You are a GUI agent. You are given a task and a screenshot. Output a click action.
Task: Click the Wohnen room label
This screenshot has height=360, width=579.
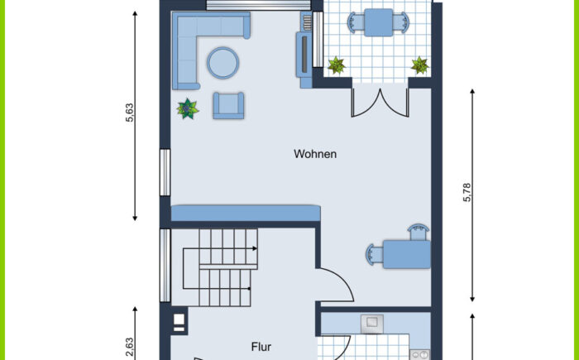click(x=315, y=154)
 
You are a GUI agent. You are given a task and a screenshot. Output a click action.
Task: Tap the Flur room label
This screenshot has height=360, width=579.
click(x=261, y=347)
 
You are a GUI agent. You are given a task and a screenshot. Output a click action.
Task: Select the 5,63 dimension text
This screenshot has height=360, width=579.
click(x=130, y=113)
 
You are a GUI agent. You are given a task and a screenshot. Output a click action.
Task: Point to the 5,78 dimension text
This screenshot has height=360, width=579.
click(x=467, y=192)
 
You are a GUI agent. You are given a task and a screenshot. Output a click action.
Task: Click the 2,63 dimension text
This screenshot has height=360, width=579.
click(x=130, y=347)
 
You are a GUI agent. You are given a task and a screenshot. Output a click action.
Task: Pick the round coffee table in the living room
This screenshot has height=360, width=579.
click(x=223, y=63)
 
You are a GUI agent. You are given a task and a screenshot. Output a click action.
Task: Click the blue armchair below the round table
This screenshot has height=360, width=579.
click(x=228, y=106)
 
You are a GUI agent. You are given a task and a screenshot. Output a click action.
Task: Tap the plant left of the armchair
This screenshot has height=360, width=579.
click(x=188, y=109)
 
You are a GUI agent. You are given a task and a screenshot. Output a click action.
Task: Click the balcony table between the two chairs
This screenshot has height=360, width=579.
click(x=379, y=22)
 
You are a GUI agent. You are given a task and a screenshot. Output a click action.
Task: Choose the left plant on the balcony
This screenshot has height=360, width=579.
click(x=337, y=65)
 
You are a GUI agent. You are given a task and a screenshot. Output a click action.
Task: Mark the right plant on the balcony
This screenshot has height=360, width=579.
click(x=420, y=65)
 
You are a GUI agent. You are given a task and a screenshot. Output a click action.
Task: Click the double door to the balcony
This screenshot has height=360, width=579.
click(x=380, y=103)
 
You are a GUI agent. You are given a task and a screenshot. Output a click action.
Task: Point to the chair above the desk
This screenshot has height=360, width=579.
click(x=418, y=232)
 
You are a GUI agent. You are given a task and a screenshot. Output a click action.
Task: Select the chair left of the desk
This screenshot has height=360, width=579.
click(x=375, y=254)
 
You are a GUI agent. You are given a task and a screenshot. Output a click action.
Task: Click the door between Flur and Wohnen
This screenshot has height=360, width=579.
click(x=335, y=285)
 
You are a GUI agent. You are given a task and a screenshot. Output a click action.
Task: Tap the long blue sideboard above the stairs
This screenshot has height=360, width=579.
click(x=245, y=214)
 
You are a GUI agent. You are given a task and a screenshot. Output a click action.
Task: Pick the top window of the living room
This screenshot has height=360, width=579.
click(x=258, y=5)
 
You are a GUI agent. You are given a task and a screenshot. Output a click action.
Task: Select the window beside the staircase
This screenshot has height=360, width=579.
click(x=165, y=265)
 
